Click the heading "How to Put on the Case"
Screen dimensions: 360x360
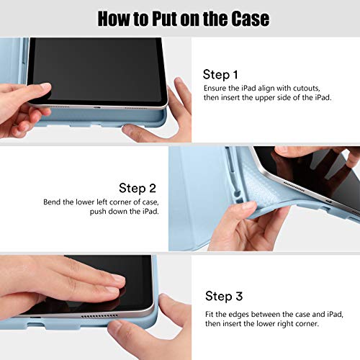pyautogui.click(x=184, y=19)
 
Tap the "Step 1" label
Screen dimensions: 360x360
pyautogui.click(x=220, y=75)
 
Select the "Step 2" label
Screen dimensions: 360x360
pyautogui.click(x=138, y=188)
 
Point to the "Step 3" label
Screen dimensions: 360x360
pyautogui.click(x=224, y=296)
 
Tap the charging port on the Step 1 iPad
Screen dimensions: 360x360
pyautogui.click(x=97, y=107)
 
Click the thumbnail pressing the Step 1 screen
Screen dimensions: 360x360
pyautogui.click(x=45, y=86)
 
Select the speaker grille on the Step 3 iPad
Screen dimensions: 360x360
pyautogui.click(x=99, y=315)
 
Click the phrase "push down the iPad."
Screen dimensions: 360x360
pyautogui.click(x=125, y=212)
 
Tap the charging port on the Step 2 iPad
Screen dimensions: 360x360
pyautogui.click(x=329, y=201)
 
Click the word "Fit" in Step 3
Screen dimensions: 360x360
pyautogui.click(x=210, y=315)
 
